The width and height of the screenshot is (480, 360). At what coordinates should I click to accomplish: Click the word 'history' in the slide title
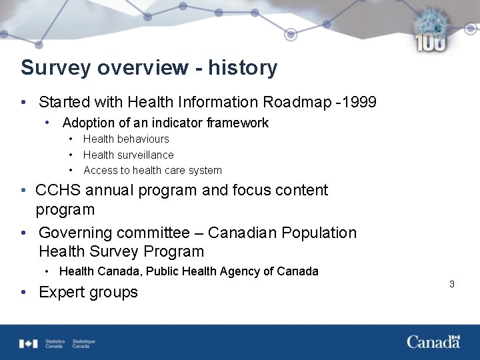pos(243,68)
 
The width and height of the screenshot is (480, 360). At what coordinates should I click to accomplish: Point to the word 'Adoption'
pos(89,123)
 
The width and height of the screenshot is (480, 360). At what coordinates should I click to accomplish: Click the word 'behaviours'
pos(143,139)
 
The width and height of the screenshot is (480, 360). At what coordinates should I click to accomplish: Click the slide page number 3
pos(451,284)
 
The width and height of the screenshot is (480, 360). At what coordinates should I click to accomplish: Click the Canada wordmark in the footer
pos(433,341)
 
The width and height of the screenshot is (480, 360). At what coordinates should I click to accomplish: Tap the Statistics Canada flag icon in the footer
pos(28,343)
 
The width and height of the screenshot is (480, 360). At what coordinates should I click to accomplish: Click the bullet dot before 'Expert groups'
pos(24,292)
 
